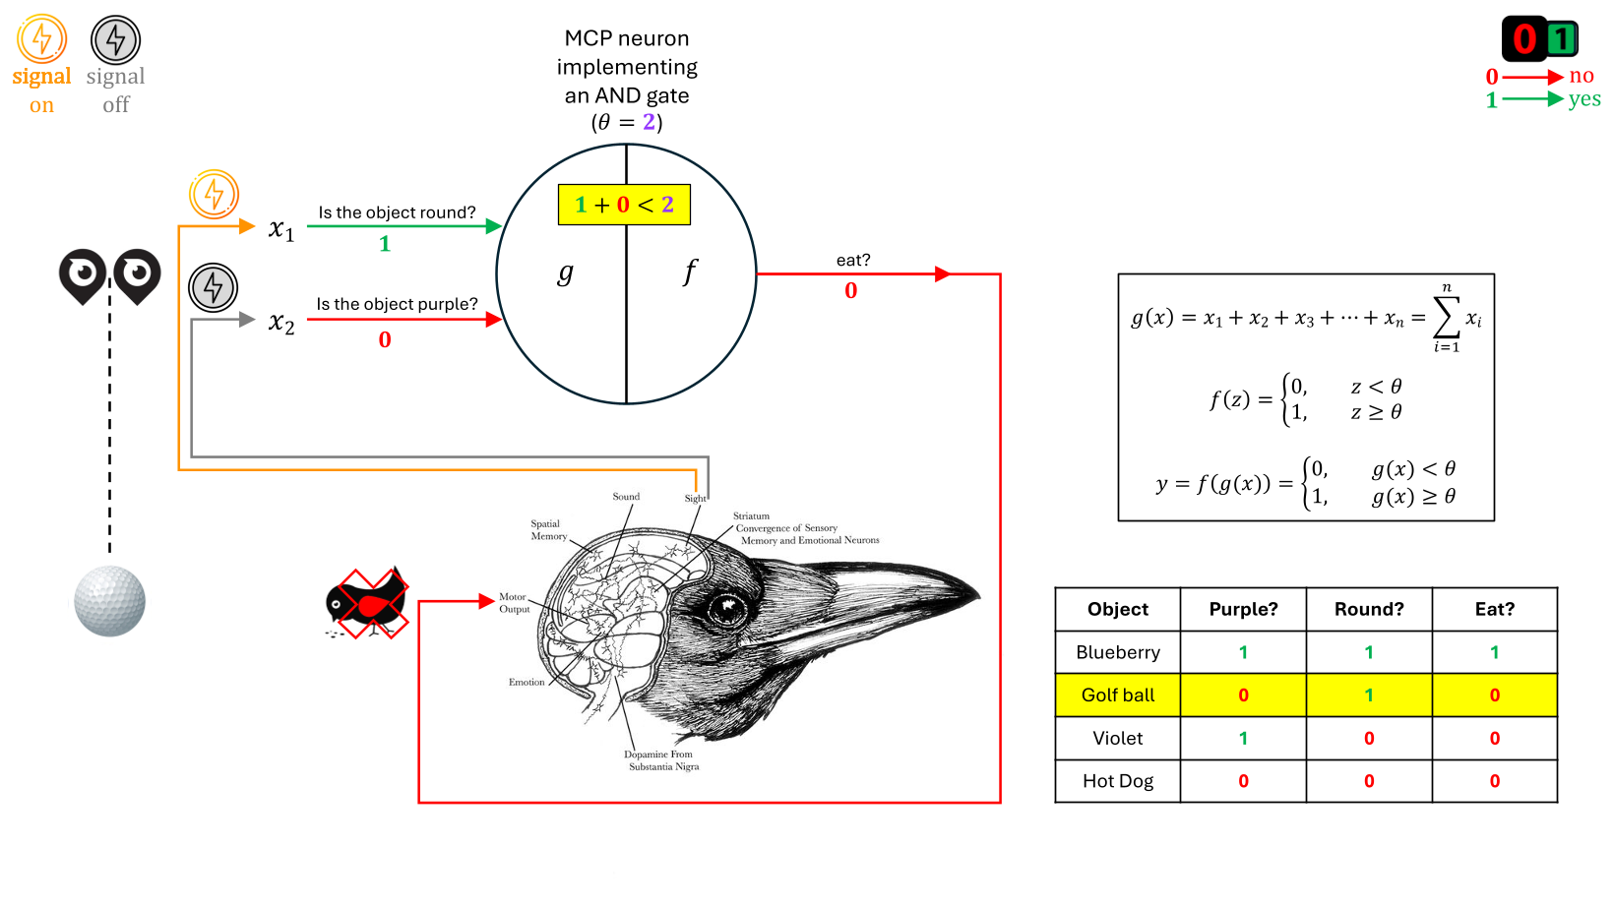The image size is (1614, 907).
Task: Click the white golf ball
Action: point(109,601)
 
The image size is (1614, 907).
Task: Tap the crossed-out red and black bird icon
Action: point(367,602)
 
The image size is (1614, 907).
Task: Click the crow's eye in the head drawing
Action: point(727,609)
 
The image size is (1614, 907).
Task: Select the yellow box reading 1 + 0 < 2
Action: point(624,205)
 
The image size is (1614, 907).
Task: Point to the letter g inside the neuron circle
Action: point(565,272)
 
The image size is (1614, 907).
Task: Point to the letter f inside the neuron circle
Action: point(690,272)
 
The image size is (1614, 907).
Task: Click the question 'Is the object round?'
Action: point(397,212)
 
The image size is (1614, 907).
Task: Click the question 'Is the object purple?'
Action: point(397,304)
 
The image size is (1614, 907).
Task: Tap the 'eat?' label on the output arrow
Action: point(853,260)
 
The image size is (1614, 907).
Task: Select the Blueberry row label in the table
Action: point(1118,652)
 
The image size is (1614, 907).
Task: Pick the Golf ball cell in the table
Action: point(1118,695)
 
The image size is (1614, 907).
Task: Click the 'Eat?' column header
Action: point(1494,610)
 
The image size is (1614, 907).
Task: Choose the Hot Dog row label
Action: point(1118,781)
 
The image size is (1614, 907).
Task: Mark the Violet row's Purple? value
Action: point(1243,738)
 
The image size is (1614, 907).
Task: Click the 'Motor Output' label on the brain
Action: point(514,603)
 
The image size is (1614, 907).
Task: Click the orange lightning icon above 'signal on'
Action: point(41,39)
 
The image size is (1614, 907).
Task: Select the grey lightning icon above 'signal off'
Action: point(116,40)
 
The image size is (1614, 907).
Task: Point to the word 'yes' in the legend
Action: point(1584,99)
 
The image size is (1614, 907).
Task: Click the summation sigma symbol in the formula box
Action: point(1446,317)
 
